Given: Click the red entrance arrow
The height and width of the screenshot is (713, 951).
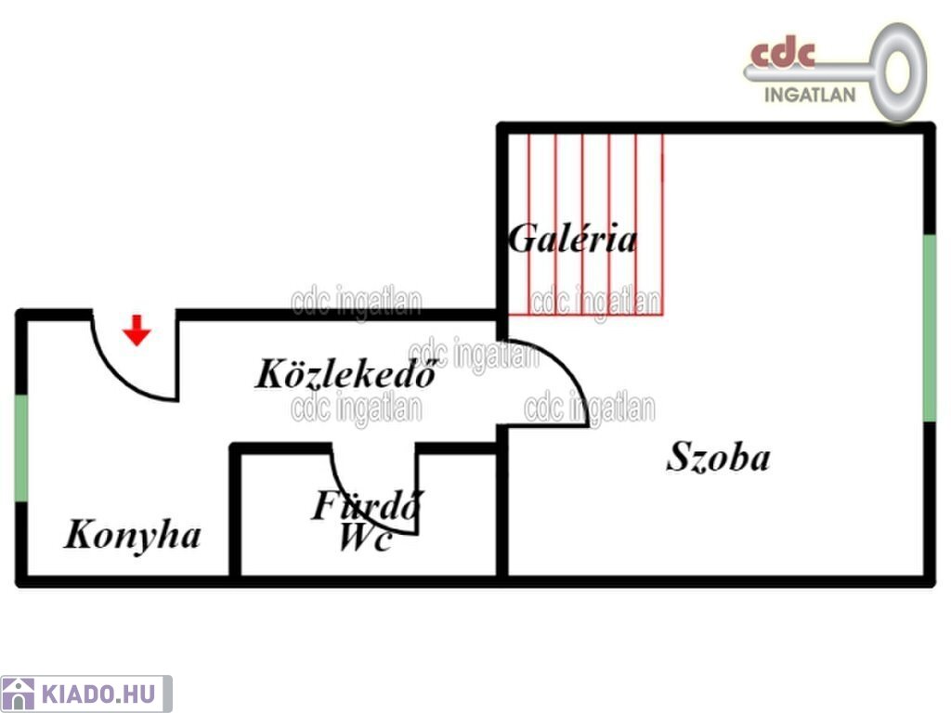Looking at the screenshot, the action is tap(137, 331).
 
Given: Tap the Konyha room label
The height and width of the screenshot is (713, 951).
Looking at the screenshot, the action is tap(132, 536).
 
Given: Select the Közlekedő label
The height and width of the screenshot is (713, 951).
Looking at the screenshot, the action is tap(346, 373).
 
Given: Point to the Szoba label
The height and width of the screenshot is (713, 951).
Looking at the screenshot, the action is tap(718, 457).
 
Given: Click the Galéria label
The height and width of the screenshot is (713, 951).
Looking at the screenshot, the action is tap(572, 239).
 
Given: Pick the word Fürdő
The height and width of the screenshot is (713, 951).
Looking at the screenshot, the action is tap(368, 505).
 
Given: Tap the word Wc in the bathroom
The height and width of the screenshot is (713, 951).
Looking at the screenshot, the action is tap(364, 538).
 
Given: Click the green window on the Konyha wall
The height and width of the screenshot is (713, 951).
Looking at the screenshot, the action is tap(21, 448).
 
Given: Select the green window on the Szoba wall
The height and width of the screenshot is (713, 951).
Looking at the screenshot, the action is tap(929, 328).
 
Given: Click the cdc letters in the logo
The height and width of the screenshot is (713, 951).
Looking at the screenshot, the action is tap(782, 54).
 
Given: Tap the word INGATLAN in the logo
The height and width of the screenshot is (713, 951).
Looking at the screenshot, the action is tap(810, 95).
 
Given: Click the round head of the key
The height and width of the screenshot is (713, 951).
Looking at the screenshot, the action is tap(898, 72).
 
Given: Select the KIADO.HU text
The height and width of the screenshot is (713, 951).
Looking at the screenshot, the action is tap(98, 694).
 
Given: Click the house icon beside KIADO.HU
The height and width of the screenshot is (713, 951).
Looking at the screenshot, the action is tap(19, 694).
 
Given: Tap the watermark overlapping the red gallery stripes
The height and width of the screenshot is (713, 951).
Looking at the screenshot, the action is tap(595, 303).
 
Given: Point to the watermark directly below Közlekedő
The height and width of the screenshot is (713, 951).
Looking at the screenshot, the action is tap(357, 408).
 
